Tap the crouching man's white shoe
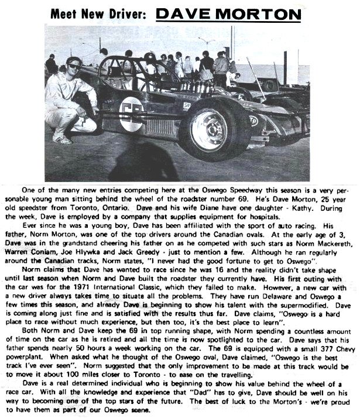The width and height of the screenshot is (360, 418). coord(61,139)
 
